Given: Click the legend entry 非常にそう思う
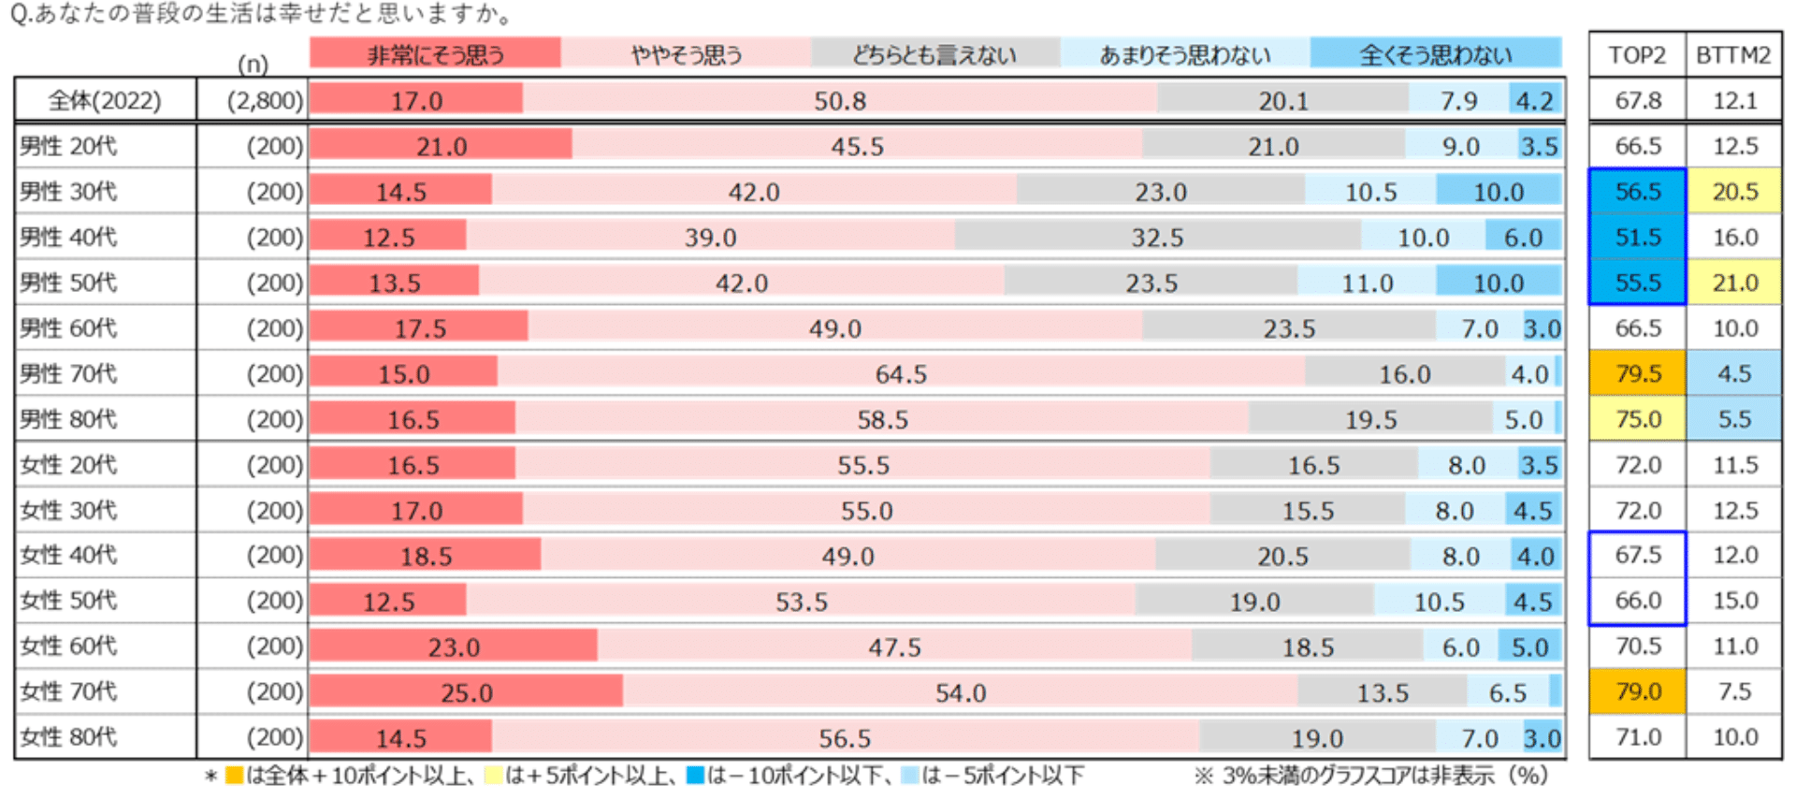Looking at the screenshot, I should coord(435,54).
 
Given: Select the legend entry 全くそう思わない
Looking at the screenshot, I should coord(1435,54).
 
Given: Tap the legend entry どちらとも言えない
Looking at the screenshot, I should coord(934,54).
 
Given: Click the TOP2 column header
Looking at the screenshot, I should coord(1637,54).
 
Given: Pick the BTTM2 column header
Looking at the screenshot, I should coord(1733,54).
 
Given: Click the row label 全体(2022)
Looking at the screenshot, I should coord(105,100).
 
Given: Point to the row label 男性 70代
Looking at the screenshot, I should coord(69,373).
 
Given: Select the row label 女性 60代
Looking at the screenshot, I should coord(69,646).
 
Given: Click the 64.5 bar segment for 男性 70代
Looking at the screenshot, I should coord(901,373).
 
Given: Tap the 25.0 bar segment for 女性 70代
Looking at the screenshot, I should coord(466,691).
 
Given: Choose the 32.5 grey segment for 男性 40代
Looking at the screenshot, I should coord(1157,237).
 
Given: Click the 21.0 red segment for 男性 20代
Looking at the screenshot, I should coord(441,145).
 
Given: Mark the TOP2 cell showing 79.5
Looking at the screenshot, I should coord(1637,373).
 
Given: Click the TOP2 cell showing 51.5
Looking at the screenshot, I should coord(1637,237).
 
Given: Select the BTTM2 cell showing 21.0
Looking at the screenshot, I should coord(1734,283).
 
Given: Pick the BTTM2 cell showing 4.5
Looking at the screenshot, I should coord(1734,373).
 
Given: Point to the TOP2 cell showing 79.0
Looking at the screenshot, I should coord(1637,691).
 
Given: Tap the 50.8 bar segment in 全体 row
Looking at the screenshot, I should coord(839,100).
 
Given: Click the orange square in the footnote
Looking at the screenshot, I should coord(234,776).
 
